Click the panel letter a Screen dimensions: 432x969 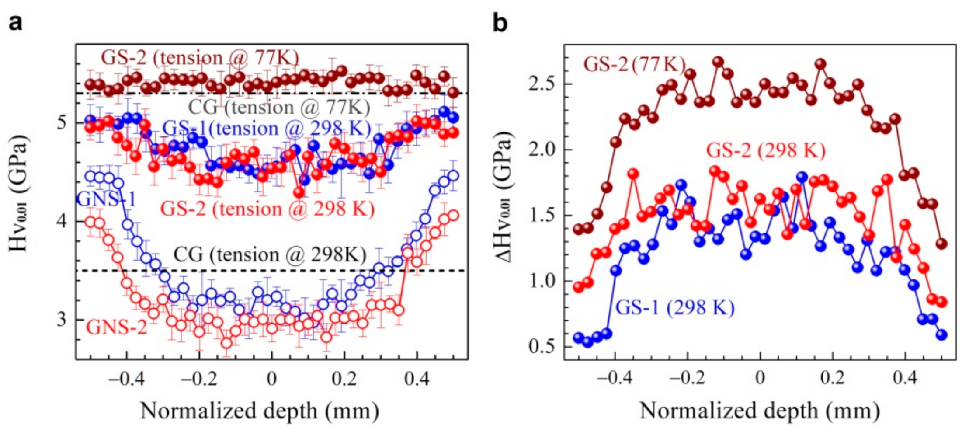click(15, 22)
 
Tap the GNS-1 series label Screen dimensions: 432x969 click(106, 199)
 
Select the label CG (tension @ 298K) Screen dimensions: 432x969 click(270, 255)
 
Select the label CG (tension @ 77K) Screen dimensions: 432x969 click(279, 108)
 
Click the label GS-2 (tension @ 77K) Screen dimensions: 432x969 click(200, 58)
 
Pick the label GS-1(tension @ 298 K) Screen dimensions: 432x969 click(267, 129)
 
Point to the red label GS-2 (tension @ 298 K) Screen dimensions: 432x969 click(267, 209)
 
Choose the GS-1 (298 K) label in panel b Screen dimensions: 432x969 click(675, 307)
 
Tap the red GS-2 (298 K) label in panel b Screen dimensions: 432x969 click(766, 150)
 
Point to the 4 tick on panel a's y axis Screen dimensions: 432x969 click(62, 221)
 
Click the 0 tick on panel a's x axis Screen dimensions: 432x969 click(271, 379)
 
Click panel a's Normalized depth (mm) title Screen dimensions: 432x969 click(260, 411)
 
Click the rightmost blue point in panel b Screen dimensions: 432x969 click(941, 335)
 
